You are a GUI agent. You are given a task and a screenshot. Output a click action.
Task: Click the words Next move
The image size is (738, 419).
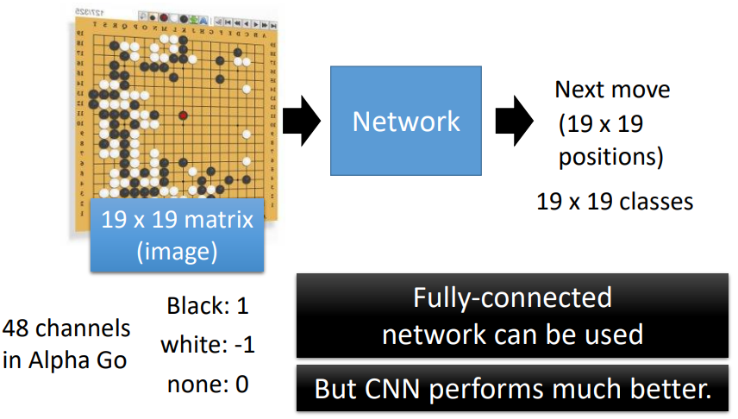(x=612, y=90)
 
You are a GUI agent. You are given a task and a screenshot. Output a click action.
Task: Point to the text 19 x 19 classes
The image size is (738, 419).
(x=615, y=203)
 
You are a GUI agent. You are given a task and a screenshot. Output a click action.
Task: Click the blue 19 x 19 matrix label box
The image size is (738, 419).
(x=178, y=234)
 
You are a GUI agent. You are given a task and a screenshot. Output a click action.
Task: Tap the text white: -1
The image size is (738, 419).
(x=207, y=345)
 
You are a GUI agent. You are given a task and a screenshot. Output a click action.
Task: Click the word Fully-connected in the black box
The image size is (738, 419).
(x=512, y=298)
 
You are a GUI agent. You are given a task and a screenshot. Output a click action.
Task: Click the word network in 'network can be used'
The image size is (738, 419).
(x=428, y=333)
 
